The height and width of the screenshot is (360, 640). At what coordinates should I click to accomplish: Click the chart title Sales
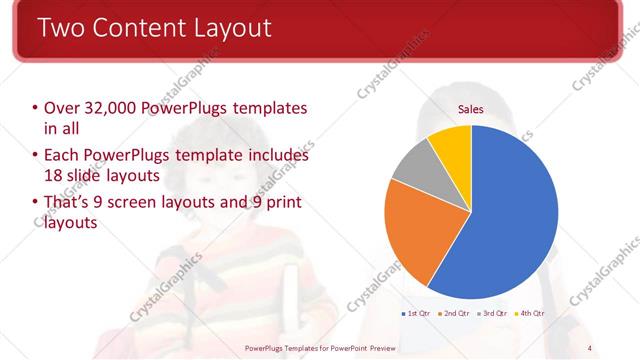[471, 109]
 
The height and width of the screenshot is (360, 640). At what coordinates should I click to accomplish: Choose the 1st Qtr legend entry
[416, 314]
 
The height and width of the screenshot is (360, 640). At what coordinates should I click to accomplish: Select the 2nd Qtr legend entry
[455, 314]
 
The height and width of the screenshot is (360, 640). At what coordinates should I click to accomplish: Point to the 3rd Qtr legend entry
[493, 314]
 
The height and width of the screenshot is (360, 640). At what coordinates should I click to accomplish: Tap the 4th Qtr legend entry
[530, 314]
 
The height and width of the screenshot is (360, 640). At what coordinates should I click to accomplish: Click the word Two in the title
[63, 28]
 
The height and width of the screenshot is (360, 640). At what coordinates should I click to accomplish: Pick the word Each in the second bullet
[62, 156]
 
